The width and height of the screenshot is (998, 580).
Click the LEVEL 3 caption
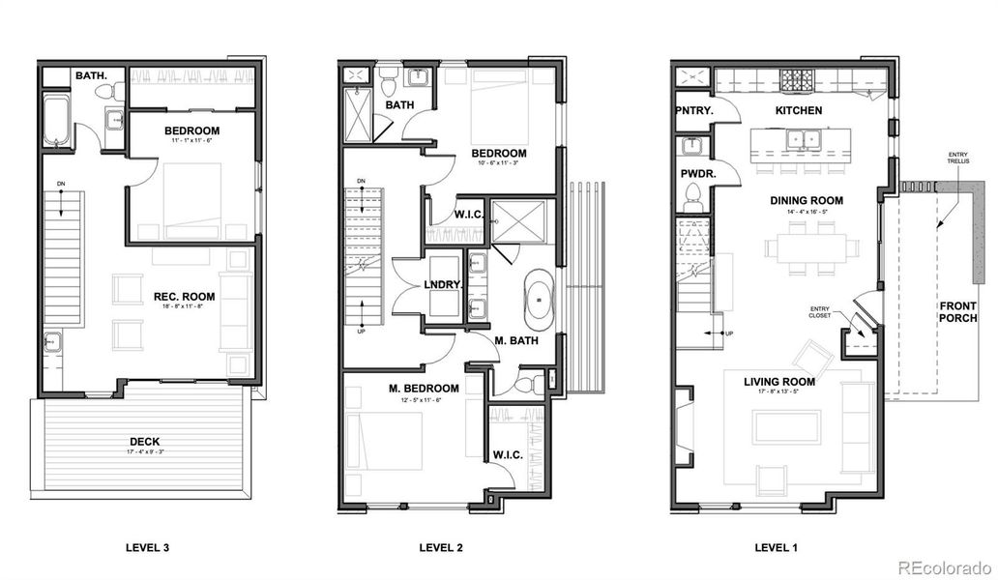[x=148, y=548]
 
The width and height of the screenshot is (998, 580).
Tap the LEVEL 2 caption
[x=441, y=548]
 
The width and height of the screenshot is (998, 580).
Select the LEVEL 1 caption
[x=776, y=548]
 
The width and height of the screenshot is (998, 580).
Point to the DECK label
[x=145, y=442]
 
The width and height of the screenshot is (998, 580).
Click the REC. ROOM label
[x=184, y=296]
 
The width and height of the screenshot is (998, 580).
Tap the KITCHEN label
[x=799, y=110]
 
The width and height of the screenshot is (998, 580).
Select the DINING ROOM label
[x=807, y=201]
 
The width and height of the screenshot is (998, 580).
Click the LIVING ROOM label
[x=778, y=382]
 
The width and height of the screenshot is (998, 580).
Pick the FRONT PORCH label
[x=957, y=312]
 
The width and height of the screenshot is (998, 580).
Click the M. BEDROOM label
[x=424, y=388]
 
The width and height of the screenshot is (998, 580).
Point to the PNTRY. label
[x=694, y=110]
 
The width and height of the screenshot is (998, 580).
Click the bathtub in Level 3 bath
[x=57, y=122]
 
